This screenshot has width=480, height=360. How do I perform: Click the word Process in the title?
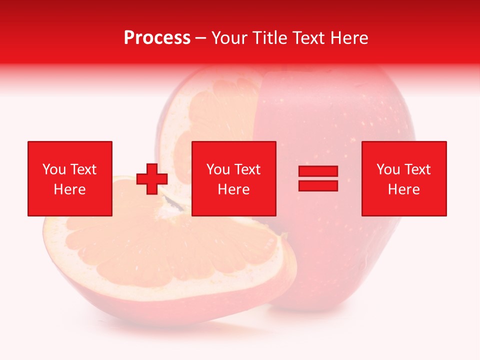click(157, 38)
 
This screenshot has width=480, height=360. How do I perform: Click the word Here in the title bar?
click(349, 38)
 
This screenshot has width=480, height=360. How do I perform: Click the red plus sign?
click(152, 179)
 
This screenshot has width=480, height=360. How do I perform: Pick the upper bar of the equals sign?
click(318, 171)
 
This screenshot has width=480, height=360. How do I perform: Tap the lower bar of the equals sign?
click(318, 185)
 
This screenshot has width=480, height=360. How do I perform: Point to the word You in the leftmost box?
click(53, 169)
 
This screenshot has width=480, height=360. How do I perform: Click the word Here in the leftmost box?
click(70, 189)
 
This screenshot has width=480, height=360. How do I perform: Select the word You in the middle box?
click(218, 169)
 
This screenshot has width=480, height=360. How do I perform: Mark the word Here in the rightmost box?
click(404, 189)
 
